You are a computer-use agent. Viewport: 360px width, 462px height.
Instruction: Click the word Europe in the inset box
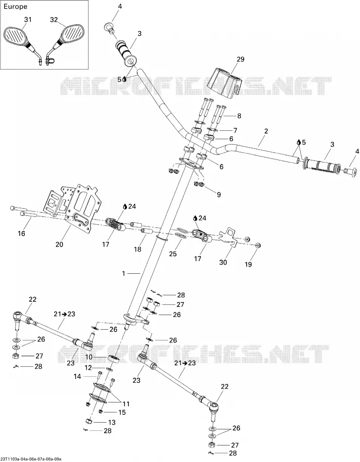click(16, 6)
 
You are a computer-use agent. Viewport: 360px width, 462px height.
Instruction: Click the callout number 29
click(241, 59)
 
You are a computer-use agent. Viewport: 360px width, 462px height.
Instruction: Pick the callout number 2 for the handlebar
click(266, 131)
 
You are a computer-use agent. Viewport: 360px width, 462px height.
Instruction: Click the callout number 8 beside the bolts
click(239, 116)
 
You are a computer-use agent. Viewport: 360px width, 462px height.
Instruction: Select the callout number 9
click(218, 195)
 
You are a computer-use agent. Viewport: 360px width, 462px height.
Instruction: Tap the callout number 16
click(21, 233)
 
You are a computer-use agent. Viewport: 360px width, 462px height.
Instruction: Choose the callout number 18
click(138, 249)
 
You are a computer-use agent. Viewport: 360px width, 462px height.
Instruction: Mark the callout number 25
click(173, 253)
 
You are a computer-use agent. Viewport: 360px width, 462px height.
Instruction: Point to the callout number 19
click(248, 264)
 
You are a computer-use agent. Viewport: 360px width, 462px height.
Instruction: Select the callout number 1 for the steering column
click(124, 274)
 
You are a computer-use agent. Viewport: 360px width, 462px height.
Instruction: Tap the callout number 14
click(77, 376)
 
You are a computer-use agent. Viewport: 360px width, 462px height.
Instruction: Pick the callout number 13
click(112, 422)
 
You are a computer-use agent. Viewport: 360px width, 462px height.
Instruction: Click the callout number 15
click(122, 412)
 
